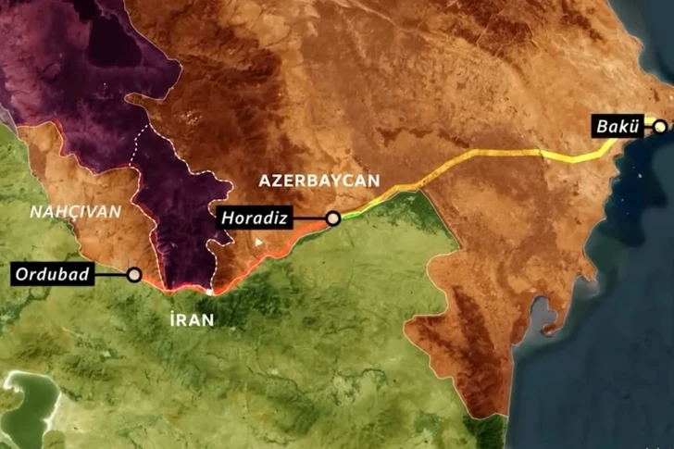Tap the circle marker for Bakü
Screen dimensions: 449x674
click(x=660, y=126)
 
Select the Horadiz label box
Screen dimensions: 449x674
click(x=252, y=218)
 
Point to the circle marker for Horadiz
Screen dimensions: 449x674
click(x=333, y=218)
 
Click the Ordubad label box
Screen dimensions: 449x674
click(x=51, y=274)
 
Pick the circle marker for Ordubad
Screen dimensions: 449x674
click(x=134, y=274)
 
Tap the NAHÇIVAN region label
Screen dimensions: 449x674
click(x=76, y=211)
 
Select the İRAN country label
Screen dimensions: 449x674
click(x=193, y=320)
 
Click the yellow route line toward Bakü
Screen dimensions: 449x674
click(x=500, y=155)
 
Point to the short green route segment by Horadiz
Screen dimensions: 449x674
click(x=356, y=209)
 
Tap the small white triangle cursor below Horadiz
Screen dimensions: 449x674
click(x=259, y=243)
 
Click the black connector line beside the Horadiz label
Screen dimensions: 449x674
click(x=308, y=218)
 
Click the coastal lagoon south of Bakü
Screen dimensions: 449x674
click(x=546, y=319)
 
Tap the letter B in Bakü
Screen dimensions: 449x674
click(x=602, y=126)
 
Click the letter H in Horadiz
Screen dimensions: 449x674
click(x=227, y=218)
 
